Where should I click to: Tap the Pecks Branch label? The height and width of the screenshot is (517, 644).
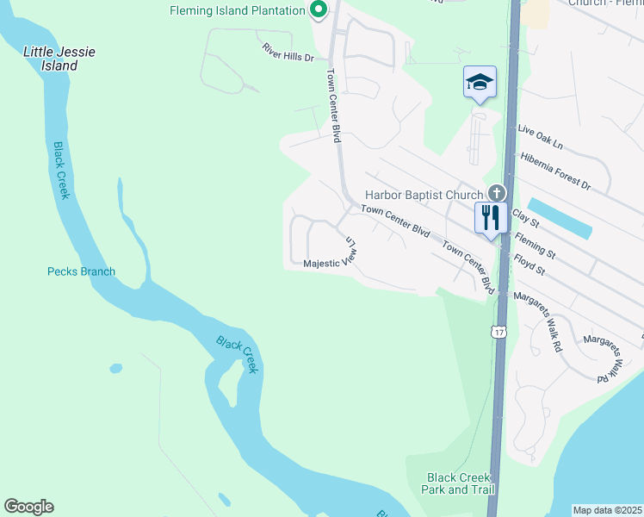(81, 271)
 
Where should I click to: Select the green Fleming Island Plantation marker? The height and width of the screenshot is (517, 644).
(319, 10)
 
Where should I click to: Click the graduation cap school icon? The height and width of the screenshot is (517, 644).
(480, 82)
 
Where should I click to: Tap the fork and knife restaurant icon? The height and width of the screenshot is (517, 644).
(491, 217)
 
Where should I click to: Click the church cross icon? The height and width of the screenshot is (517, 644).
(496, 194)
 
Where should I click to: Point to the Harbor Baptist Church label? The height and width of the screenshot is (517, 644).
(424, 196)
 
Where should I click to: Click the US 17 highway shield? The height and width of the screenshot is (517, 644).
(499, 332)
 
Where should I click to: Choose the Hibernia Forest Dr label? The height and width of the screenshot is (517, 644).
(556, 171)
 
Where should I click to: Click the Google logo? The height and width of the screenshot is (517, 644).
(28, 507)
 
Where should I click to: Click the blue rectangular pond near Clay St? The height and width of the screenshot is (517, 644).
(560, 219)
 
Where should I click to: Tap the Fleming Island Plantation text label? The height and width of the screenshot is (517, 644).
(238, 10)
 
